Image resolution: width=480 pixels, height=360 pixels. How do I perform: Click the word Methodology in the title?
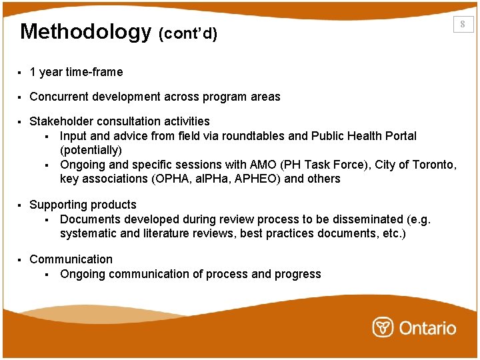click(86, 32)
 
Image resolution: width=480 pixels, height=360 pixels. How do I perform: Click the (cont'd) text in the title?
click(188, 34)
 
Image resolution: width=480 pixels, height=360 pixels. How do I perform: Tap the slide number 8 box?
click(463, 25)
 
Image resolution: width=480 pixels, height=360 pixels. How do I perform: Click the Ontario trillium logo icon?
click(383, 327)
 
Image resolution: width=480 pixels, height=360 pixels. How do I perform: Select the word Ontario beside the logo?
click(427, 328)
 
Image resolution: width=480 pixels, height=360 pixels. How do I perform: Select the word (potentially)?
click(91, 151)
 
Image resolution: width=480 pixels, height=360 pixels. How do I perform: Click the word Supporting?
click(58, 205)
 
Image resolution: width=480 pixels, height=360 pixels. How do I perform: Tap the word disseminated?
click(357, 219)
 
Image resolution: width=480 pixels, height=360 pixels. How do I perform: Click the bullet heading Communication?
click(71, 259)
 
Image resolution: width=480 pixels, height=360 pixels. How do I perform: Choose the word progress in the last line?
click(298, 274)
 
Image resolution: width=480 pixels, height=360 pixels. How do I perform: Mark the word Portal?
click(399, 136)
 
